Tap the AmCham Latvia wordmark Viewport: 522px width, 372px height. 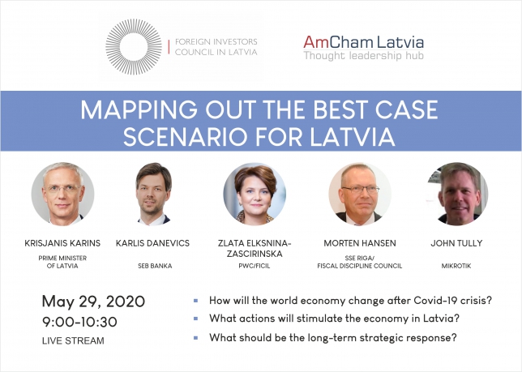[x=363, y=42]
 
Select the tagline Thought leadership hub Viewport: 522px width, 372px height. [x=363, y=56]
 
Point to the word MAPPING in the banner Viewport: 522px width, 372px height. [x=139, y=109]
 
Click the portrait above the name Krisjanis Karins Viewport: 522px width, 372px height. [x=62, y=194]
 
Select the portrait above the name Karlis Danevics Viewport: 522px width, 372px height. [x=153, y=194]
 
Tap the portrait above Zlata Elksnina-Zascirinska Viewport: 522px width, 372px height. [x=255, y=194]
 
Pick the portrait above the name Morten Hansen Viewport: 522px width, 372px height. [x=360, y=194]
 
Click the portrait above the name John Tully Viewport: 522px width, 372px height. [x=457, y=194]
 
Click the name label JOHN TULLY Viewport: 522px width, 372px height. [x=456, y=243]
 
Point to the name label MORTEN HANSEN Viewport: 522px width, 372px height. [x=360, y=243]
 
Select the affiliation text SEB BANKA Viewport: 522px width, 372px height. [x=155, y=266]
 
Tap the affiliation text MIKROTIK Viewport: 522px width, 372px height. [x=456, y=266]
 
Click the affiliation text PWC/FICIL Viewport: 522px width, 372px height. [x=255, y=266]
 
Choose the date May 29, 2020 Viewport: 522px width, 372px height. [x=93, y=301]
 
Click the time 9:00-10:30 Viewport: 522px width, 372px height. [x=79, y=322]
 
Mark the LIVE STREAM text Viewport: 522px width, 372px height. [x=73, y=340]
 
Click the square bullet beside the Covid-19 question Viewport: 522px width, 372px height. [x=196, y=301]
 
